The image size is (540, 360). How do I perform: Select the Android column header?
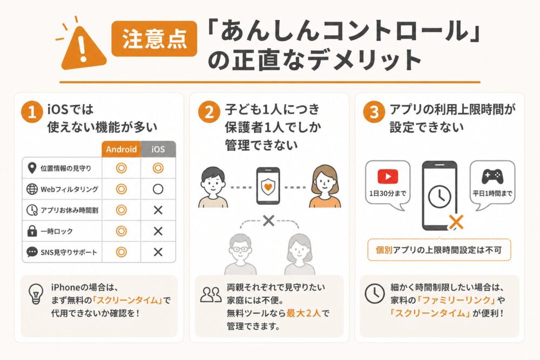click(x=121, y=149)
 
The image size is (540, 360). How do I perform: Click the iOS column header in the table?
click(x=158, y=149)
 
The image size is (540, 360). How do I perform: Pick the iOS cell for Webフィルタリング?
click(x=158, y=189)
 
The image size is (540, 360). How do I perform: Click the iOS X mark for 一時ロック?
click(x=158, y=231)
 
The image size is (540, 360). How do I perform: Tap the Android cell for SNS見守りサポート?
click(x=121, y=252)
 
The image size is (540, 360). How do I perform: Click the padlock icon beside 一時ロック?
click(x=31, y=231)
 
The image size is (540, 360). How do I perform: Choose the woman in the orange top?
click(x=325, y=186)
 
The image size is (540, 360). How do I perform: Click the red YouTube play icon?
click(x=388, y=176)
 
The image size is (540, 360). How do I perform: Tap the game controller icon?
click(x=492, y=176)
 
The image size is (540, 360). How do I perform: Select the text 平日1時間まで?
click(x=492, y=194)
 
